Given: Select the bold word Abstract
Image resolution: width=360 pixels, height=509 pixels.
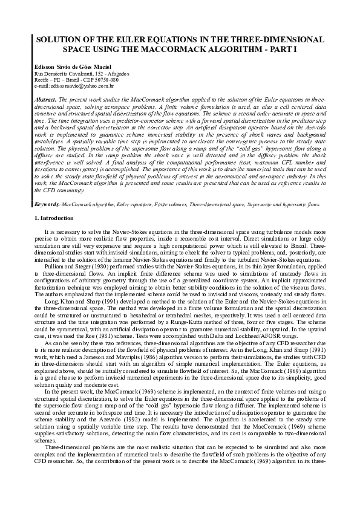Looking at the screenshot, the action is pos(46,98).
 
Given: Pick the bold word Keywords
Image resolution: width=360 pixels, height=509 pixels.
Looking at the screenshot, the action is pos(46,205).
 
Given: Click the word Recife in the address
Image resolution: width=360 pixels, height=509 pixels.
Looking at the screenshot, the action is pos(43,79).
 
